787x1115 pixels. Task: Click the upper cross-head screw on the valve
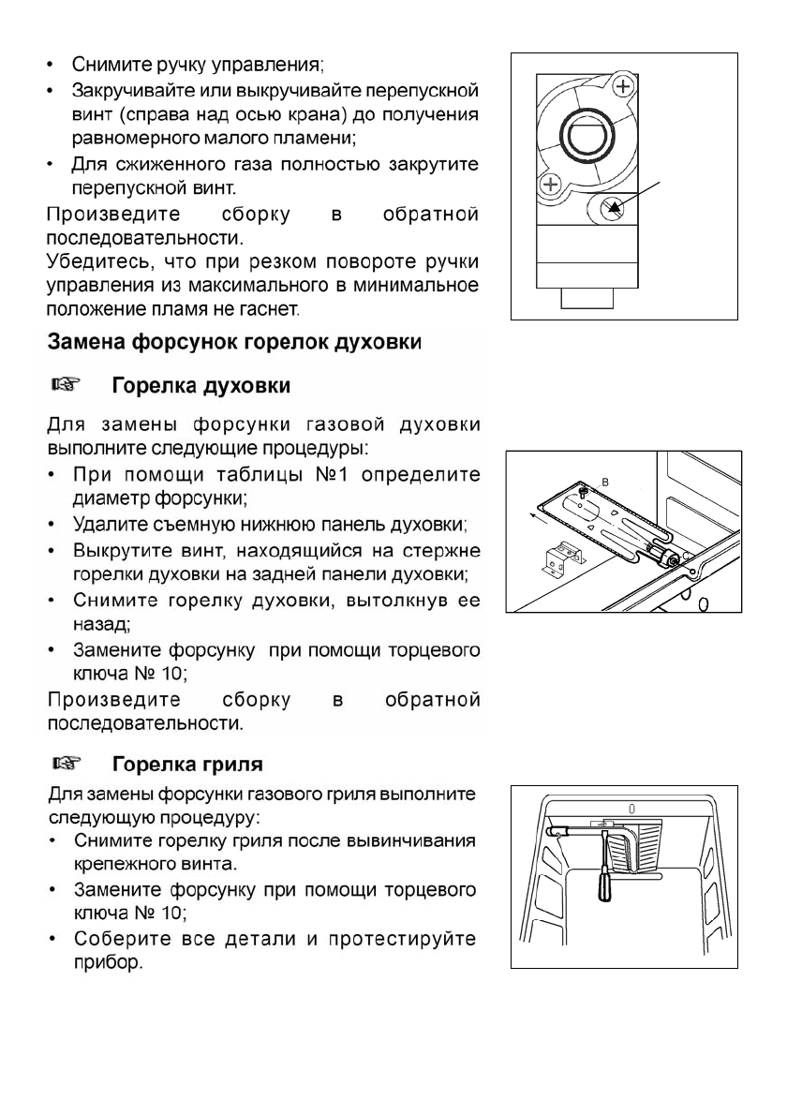pos(623,87)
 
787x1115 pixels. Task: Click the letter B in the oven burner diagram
pos(605,480)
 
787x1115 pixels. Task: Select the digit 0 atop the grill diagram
pos(631,807)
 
